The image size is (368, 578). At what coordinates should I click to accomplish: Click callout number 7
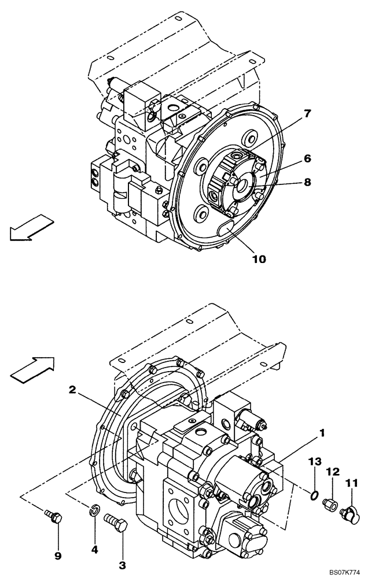[307, 113]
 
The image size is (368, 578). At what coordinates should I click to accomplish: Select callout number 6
[307, 158]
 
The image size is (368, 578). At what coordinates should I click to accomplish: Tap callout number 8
[307, 181]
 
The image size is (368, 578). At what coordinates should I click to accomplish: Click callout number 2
[72, 390]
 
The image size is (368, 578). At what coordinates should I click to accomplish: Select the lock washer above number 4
[95, 509]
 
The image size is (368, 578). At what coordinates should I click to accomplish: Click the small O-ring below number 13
[314, 495]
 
